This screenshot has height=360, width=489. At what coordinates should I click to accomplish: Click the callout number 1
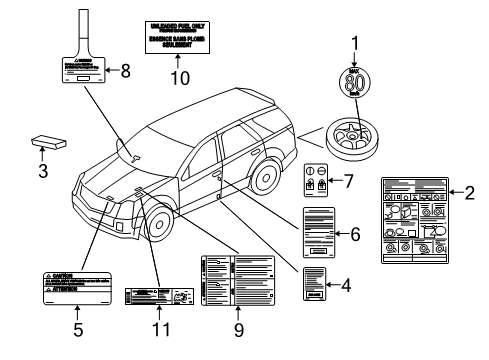click(x=353, y=43)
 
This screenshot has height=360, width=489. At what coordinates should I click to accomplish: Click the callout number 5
click(x=79, y=326)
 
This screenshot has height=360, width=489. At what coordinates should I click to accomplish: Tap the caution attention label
click(x=79, y=286)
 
